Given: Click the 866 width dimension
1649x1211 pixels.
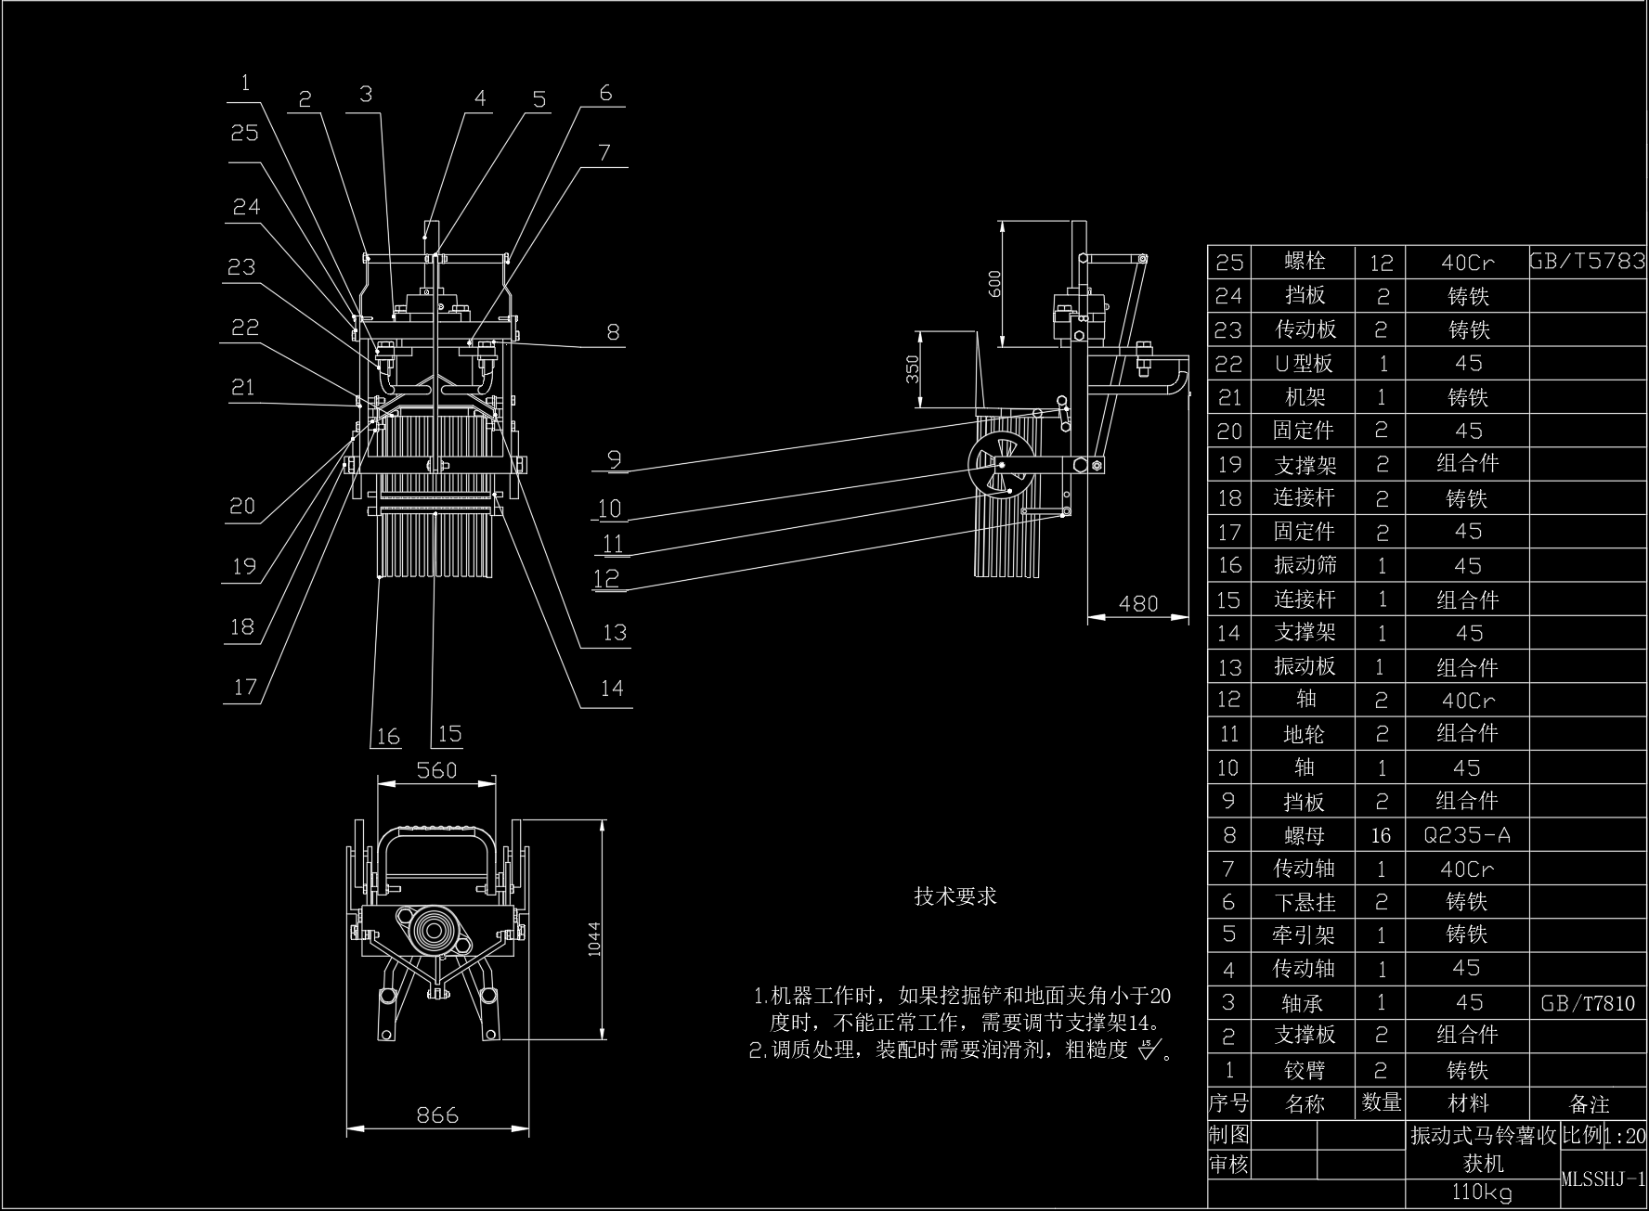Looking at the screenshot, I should [x=437, y=1114].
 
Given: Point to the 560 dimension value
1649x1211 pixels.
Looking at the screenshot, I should [x=436, y=769].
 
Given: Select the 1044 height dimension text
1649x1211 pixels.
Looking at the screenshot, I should [x=594, y=938].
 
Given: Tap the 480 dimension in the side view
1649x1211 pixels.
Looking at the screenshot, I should [x=1137, y=603].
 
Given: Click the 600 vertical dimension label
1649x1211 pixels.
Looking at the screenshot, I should [x=994, y=282].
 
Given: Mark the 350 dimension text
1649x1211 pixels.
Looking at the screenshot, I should [x=913, y=368].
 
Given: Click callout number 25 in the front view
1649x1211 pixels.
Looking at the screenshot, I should [x=244, y=133].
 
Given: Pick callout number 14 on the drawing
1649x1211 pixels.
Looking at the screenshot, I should [x=611, y=688].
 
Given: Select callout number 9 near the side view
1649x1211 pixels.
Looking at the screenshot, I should [x=613, y=457].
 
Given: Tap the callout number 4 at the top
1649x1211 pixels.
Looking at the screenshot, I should [x=480, y=97].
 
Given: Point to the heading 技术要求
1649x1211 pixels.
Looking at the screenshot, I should [x=955, y=895].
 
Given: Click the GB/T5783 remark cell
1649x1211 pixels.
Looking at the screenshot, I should [x=1587, y=261].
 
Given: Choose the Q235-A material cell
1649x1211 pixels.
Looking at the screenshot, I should [x=1467, y=835].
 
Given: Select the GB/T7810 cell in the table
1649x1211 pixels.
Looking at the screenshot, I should [x=1587, y=1003].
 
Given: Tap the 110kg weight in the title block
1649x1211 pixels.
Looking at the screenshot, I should [x=1482, y=1192].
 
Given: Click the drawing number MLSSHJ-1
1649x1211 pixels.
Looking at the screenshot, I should [x=1603, y=1179].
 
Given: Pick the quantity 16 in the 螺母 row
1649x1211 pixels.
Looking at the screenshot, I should [x=1381, y=835].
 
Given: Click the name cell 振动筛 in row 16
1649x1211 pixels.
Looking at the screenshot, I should [x=1304, y=565].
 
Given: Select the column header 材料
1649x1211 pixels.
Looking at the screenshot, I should [x=1467, y=1103].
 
